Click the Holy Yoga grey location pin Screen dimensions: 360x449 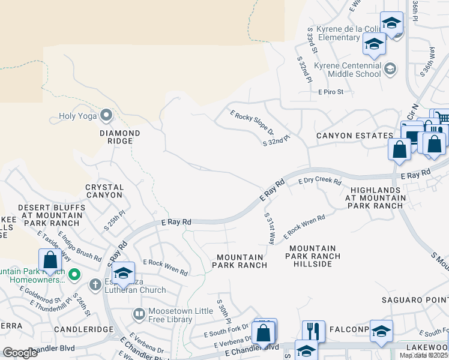tap(107, 114)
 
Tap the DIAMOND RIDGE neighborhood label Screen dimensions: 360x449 tap(120, 137)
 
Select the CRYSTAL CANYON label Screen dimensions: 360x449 tap(104, 191)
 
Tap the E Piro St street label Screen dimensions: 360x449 tap(331, 92)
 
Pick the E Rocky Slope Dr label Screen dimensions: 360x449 tap(252, 122)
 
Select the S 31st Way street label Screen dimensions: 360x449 tap(270, 227)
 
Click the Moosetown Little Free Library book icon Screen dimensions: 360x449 tap(139, 314)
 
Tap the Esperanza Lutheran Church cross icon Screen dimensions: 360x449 tap(95, 284)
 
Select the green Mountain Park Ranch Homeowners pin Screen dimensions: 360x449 tap(74, 275)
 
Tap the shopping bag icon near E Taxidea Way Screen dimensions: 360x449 tap(50, 260)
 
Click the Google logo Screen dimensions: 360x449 tap(20, 353)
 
